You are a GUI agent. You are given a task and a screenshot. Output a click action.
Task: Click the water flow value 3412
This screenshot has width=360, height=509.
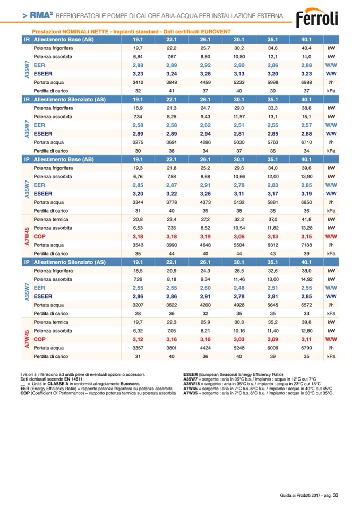(138, 82)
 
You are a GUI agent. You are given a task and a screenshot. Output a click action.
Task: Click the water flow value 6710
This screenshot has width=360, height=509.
(306, 142)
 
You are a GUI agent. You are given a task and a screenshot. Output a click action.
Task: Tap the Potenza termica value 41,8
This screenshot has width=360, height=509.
(306, 219)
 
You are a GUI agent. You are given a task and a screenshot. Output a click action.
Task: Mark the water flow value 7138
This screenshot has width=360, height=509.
(306, 245)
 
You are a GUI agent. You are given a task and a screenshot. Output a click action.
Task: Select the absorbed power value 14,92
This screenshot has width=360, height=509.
(306, 278)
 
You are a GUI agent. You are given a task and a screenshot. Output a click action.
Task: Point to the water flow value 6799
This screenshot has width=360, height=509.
(306, 348)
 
